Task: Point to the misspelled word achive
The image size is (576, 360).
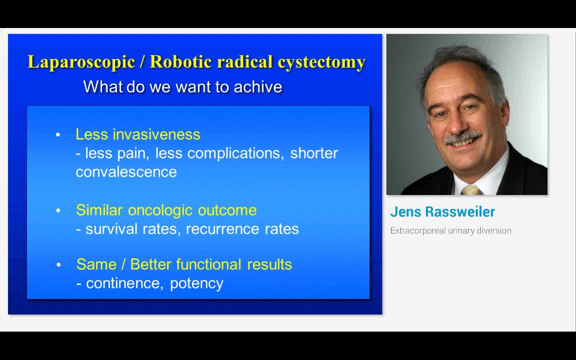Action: (x=258, y=87)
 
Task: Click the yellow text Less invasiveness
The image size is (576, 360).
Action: (x=137, y=134)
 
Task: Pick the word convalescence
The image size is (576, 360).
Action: (x=126, y=172)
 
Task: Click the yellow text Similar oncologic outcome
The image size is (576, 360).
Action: (x=166, y=210)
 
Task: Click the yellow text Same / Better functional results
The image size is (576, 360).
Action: (x=184, y=264)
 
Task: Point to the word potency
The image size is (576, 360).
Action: (x=196, y=283)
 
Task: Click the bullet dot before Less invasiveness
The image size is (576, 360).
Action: (x=58, y=135)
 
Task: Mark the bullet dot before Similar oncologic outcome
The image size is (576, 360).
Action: (x=58, y=210)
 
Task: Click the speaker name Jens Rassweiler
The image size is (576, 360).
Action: (x=442, y=212)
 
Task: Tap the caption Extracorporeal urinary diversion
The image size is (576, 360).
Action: (x=450, y=230)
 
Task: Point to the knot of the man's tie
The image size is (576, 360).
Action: (x=470, y=190)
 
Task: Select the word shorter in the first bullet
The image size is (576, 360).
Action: (x=314, y=153)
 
